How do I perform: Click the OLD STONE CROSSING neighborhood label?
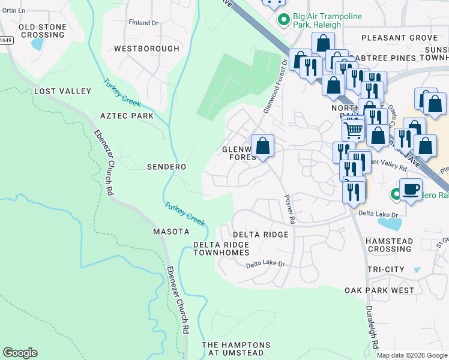[41, 31]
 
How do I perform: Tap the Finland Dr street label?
[143, 23]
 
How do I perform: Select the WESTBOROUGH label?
[146, 48]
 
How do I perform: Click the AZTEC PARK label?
[127, 115]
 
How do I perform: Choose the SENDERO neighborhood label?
[166, 166]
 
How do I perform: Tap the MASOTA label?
[171, 231]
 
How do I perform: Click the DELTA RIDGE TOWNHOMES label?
[221, 248]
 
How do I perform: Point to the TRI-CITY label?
[385, 269]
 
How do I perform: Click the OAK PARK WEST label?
[379, 290]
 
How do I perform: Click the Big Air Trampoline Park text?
[317, 21]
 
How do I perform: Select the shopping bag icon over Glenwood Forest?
[262, 145]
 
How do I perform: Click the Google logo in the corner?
[20, 353]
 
